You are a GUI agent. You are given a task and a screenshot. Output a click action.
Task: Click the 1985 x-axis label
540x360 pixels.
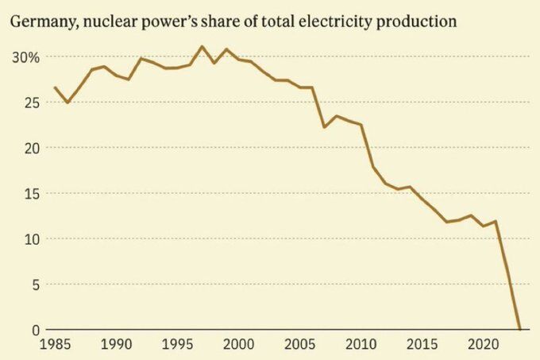click(55, 345)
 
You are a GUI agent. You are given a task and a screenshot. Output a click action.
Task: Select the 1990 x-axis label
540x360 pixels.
click(116, 345)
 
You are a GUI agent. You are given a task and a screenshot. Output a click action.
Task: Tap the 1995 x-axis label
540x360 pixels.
click(178, 345)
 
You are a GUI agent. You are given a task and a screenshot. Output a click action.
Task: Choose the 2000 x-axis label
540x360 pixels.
click(239, 345)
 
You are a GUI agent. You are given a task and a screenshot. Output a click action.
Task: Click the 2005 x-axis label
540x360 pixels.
click(300, 345)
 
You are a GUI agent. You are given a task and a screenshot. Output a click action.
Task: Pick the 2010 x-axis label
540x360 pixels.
click(361, 345)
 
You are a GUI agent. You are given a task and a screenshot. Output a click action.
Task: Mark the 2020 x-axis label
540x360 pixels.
click(484, 345)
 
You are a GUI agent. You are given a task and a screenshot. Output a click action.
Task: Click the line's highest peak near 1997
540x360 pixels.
click(202, 47)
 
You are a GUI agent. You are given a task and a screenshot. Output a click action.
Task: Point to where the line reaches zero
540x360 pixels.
click(520, 328)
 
